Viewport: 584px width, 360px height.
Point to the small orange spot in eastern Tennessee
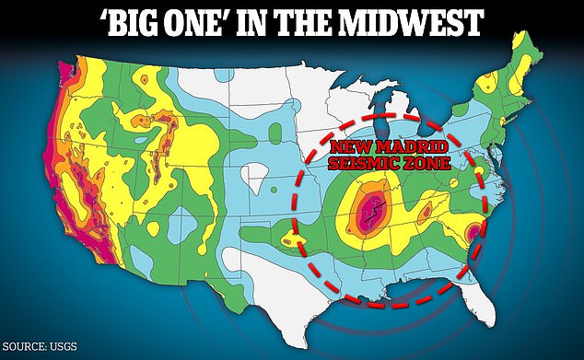pos(426,213)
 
